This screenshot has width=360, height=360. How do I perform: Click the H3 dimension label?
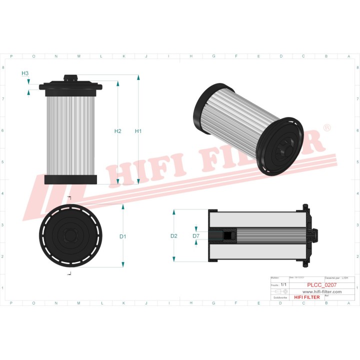(25, 73)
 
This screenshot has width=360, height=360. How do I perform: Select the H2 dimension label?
(118, 131)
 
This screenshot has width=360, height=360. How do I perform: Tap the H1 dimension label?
(138, 131)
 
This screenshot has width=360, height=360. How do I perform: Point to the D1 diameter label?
(123, 236)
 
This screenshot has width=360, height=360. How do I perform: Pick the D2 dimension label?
(174, 236)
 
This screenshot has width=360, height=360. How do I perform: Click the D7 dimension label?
(196, 235)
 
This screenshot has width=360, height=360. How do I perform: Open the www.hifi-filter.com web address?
(322, 291)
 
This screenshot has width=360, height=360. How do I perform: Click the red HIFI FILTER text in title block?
(306, 297)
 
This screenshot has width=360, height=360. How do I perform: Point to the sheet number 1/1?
(283, 284)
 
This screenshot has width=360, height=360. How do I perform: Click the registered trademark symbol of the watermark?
(327, 128)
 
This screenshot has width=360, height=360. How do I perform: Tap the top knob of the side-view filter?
(70, 78)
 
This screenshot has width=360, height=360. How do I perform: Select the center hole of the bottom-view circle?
(70, 235)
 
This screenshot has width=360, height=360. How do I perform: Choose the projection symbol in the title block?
(281, 291)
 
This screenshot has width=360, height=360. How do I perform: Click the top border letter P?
(11, 56)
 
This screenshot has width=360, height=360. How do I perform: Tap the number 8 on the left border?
(4, 67)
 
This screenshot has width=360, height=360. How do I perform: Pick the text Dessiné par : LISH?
(336, 277)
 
